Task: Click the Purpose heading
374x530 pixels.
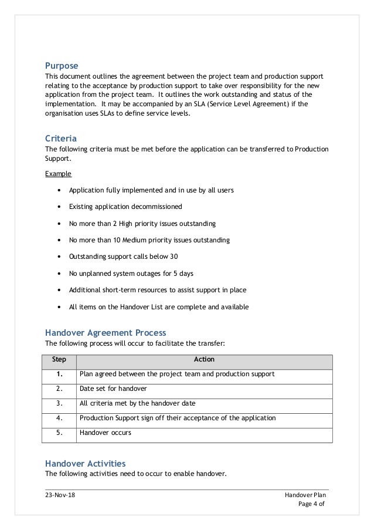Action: pyautogui.click(x=62, y=65)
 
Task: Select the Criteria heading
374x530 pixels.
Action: pyautogui.click(x=61, y=139)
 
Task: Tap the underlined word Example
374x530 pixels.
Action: pyautogui.click(x=59, y=174)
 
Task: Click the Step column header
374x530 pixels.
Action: pyautogui.click(x=59, y=359)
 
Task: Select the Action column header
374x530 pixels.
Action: pyautogui.click(x=204, y=359)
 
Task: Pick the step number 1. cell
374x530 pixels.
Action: pyautogui.click(x=59, y=374)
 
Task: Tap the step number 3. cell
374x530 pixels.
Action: pyautogui.click(x=59, y=403)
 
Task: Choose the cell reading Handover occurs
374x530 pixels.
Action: pyautogui.click(x=106, y=433)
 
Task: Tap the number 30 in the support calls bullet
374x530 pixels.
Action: pyautogui.click(x=173, y=257)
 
